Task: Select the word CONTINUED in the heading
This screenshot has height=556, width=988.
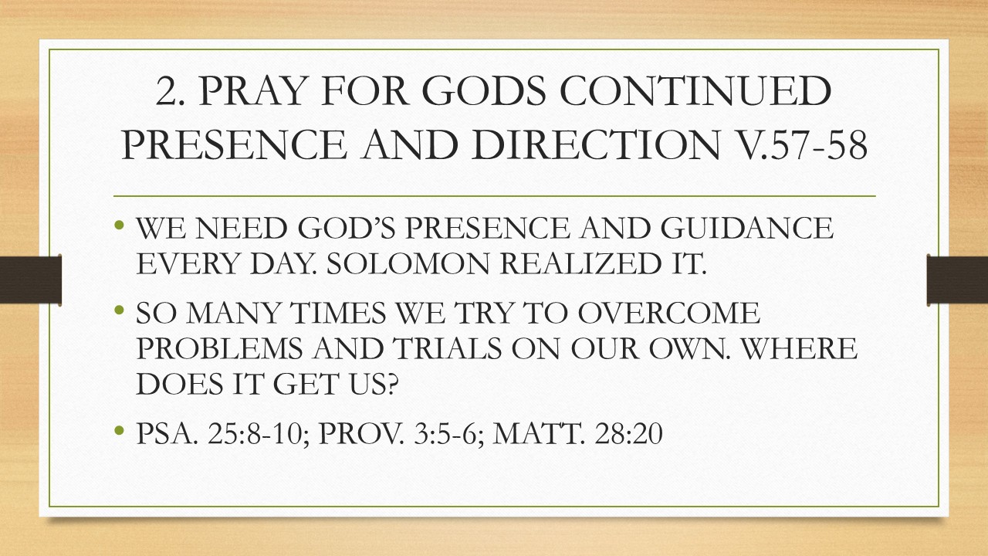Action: (x=695, y=91)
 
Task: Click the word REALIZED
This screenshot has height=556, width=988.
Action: (x=582, y=264)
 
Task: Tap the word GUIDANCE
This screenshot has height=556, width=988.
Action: (x=747, y=228)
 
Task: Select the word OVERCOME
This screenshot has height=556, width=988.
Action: (x=669, y=314)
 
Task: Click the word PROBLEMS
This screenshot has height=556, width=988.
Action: (x=219, y=348)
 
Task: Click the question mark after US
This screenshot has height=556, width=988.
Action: (x=391, y=385)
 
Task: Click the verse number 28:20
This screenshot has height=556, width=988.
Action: (x=628, y=434)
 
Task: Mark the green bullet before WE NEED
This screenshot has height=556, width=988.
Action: (x=119, y=225)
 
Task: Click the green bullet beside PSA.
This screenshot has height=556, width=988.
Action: (x=119, y=430)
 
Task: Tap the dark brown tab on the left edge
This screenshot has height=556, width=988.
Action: (x=30, y=280)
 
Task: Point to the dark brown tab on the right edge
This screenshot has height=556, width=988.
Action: (x=958, y=280)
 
